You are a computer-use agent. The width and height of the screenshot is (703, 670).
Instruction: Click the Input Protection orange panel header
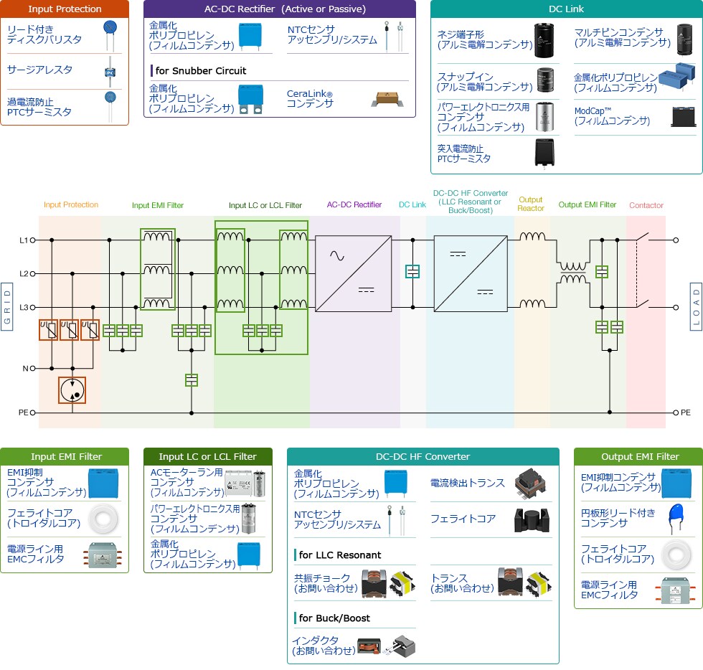65,9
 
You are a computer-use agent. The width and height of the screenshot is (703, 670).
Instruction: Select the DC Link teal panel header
566,9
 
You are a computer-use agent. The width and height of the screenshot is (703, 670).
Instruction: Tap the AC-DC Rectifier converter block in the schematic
351,273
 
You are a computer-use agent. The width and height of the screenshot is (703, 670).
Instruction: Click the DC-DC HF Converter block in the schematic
470,273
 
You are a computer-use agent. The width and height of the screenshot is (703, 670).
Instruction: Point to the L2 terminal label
24,273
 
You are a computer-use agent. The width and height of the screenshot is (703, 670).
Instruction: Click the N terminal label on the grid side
25,369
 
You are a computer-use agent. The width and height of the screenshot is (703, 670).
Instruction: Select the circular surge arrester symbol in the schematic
72,391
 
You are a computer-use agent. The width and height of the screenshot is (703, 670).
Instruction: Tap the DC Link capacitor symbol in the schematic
412,272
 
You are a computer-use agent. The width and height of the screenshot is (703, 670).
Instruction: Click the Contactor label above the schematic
646,205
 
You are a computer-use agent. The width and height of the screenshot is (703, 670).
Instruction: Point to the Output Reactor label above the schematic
531,204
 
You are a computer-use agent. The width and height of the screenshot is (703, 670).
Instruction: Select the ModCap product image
683,116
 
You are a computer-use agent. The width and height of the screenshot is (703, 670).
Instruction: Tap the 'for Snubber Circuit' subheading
200,71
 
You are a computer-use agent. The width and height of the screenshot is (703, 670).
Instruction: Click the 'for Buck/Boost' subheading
334,618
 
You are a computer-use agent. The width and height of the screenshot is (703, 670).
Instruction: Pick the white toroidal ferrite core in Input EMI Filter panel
102,519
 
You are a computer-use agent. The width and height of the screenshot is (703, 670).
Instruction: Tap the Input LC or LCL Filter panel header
207,456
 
